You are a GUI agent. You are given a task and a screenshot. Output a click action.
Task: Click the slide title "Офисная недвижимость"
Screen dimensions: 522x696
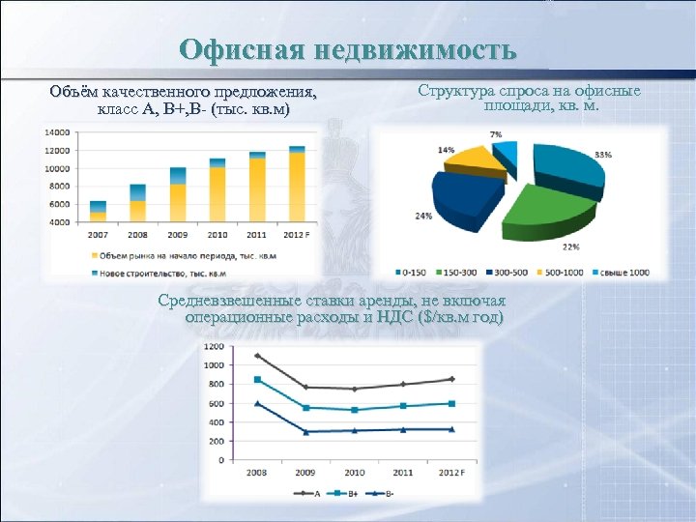(348, 49)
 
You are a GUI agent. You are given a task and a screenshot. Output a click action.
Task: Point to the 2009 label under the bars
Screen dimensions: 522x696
(178, 234)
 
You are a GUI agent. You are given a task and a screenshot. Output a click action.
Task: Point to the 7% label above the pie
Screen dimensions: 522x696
(496, 133)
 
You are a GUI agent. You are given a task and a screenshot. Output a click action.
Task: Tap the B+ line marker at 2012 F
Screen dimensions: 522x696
(451, 403)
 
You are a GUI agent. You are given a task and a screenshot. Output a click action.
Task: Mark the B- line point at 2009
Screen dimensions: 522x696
(305, 431)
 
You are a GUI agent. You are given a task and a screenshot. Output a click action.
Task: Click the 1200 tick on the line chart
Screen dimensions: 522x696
(213, 346)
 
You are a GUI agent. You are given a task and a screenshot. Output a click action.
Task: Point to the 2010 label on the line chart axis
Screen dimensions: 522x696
(355, 473)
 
